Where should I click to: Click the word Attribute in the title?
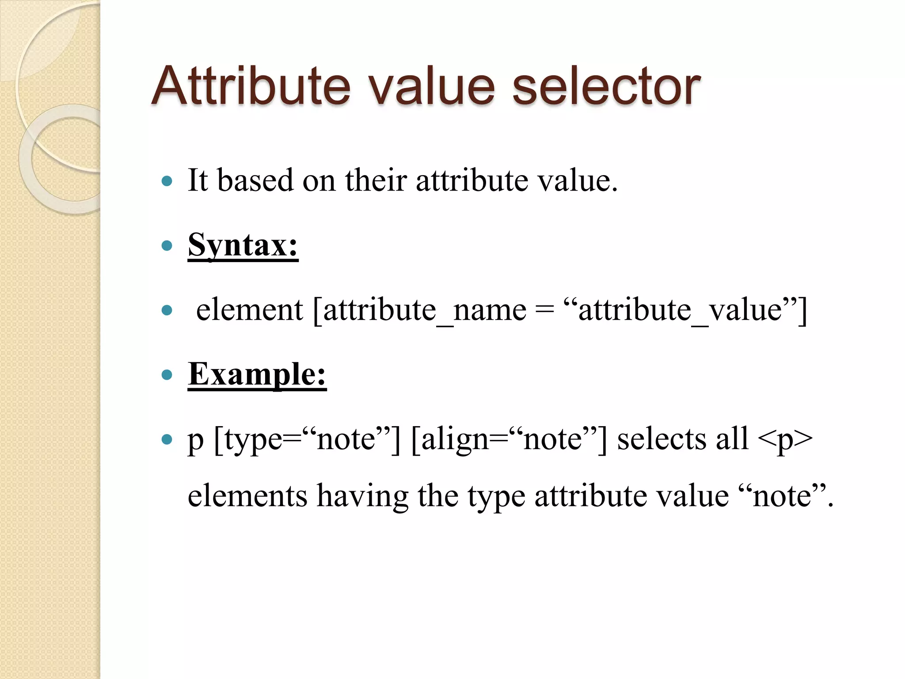tap(251, 86)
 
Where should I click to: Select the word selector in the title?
tap(606, 86)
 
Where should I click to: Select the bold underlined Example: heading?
tap(257, 374)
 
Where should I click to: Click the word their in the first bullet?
tap(376, 180)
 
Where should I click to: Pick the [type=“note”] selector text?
tap(307, 439)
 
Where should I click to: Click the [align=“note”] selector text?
tap(509, 439)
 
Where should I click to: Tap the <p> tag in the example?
tap(785, 439)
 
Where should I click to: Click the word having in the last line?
tap(362, 496)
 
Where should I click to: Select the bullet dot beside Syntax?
tap(167, 246)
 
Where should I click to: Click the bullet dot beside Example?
tap(167, 375)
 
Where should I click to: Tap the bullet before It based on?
tap(167, 181)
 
